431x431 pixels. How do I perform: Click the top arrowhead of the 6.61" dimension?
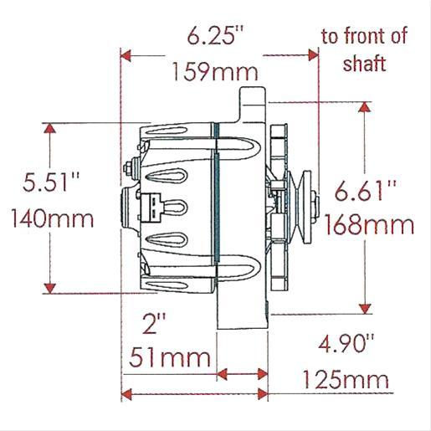click(365, 109)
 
